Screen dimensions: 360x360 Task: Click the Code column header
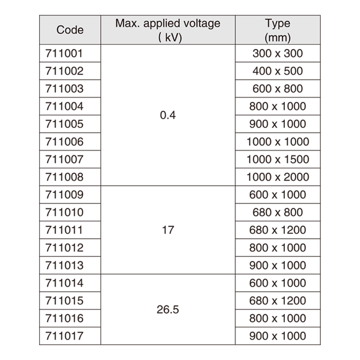tap(70, 30)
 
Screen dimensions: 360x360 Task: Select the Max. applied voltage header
tap(168, 30)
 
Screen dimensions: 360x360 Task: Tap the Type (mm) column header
tap(278, 30)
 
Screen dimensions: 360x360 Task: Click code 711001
tap(64, 54)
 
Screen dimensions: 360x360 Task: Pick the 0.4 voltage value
tap(168, 115)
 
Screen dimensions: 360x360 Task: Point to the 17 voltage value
tap(168, 230)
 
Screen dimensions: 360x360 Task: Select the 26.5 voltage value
tap(168, 310)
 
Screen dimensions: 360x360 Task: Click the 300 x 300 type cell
tap(278, 54)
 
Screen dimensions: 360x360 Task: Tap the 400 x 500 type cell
tap(278, 71)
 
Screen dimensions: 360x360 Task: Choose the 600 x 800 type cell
tap(278, 89)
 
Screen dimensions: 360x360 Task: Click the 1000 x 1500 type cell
tap(278, 159)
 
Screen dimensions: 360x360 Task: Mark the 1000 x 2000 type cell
tap(278, 177)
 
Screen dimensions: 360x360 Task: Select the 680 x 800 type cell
tap(278, 212)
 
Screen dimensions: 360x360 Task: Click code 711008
tap(64, 177)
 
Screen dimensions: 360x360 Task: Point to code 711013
tap(64, 265)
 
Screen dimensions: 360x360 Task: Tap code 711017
tap(64, 336)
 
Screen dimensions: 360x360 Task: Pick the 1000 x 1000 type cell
tap(278, 142)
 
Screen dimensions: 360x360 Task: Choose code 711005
tap(64, 124)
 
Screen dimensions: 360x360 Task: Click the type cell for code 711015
tap(278, 301)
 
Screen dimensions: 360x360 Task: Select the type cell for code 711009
tap(278, 195)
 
